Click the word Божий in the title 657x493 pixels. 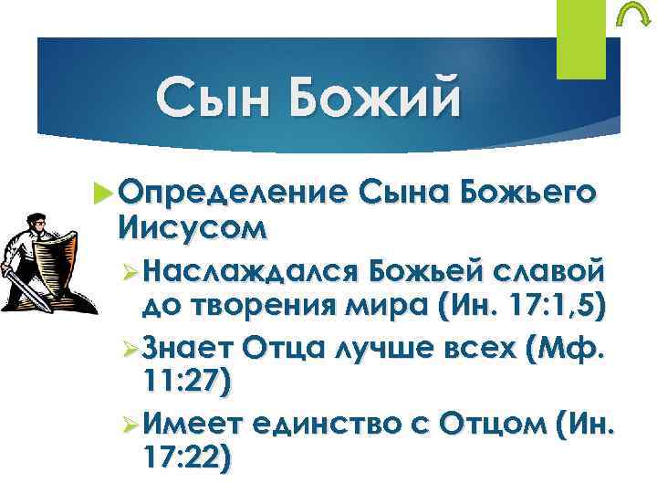(x=370, y=100)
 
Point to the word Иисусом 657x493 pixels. (x=192, y=226)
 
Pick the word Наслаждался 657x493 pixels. (x=251, y=271)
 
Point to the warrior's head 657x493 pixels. (x=36, y=222)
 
